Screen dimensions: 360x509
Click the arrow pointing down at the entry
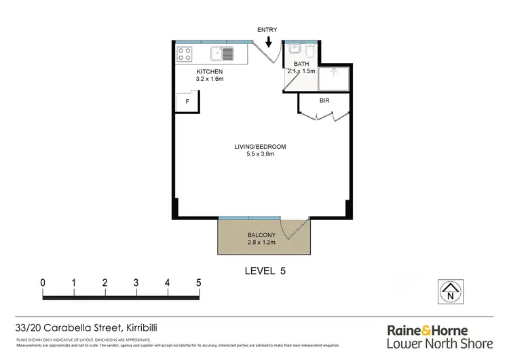[x=269, y=42]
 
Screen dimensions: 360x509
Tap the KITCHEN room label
[x=210, y=72]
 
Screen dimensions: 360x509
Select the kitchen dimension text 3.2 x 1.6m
[x=210, y=79]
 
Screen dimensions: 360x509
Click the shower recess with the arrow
[x=333, y=78]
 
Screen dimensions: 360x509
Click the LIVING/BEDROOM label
[x=261, y=147]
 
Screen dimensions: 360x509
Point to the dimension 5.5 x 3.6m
[x=261, y=154]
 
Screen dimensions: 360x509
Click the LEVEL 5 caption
[x=265, y=270]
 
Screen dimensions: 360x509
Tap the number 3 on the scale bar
[x=136, y=282]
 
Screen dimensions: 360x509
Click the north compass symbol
[x=449, y=291]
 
